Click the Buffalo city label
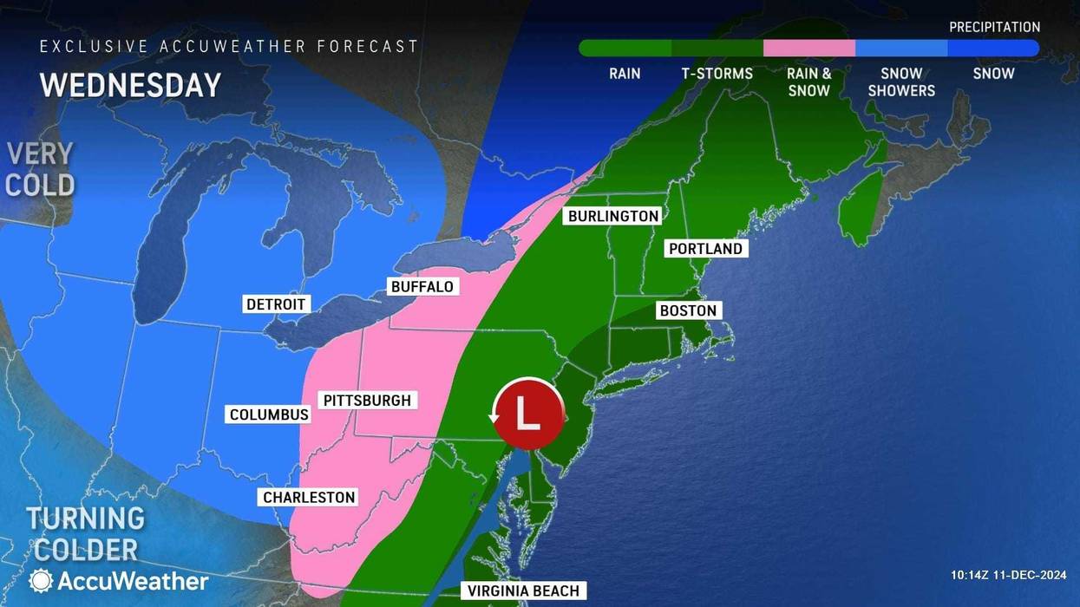[422, 286]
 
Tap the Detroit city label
[276, 304]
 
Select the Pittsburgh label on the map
[368, 401]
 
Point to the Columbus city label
[269, 414]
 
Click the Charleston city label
[309, 497]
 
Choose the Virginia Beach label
[523, 591]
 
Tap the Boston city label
[688, 310]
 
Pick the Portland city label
[705, 249]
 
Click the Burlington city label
[612, 216]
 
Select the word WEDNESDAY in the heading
[130, 85]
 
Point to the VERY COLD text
[40, 169]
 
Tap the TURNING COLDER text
[85, 533]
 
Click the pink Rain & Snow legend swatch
[808, 49]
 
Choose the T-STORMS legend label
[717, 74]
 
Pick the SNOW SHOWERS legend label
[901, 82]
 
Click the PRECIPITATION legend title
[994, 28]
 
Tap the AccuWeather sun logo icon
[41, 581]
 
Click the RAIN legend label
[625, 74]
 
